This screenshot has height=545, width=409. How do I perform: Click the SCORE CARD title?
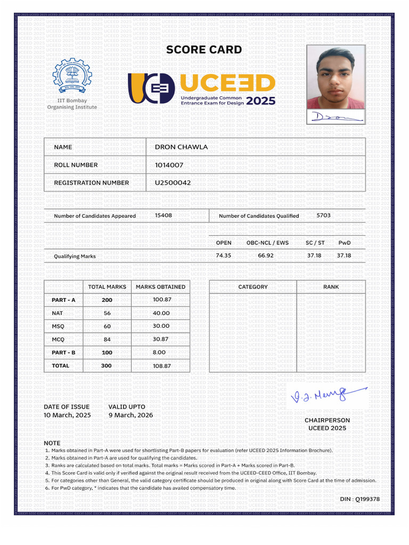point(204,50)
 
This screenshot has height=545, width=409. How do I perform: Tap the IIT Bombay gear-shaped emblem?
point(72,76)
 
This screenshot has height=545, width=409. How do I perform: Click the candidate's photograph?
point(336,77)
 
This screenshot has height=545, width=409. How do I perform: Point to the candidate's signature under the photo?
point(336,117)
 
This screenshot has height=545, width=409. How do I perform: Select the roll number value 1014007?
point(169,165)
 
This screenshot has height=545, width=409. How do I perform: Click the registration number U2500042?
point(173,183)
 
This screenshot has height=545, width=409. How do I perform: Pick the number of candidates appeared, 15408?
point(163,216)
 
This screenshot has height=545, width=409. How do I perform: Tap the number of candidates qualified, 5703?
point(324,216)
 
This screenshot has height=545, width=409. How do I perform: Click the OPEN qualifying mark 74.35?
point(223,255)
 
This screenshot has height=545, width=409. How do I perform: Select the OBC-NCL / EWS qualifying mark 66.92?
point(266,255)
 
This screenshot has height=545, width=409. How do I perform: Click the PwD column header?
point(345,243)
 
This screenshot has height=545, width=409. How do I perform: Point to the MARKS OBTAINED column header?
point(160,287)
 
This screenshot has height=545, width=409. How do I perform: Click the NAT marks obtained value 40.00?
point(161,313)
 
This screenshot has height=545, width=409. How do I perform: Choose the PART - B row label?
point(63,352)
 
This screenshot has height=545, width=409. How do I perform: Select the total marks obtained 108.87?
point(161,366)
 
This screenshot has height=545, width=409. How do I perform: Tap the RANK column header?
point(331,287)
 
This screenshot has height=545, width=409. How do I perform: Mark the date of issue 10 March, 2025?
point(67,415)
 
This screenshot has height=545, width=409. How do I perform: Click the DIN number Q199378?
point(360,499)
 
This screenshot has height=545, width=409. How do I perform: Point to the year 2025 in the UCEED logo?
point(261,101)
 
